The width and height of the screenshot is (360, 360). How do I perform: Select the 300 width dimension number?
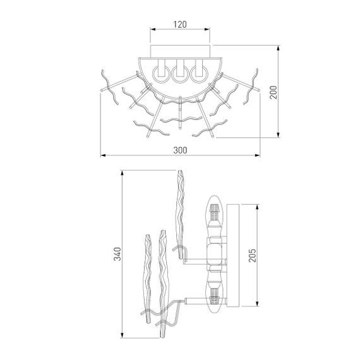pos(180,149)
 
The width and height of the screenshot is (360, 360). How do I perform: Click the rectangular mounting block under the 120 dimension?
pos(180,51)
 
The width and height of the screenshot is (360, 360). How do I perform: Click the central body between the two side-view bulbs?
pos(215,255)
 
